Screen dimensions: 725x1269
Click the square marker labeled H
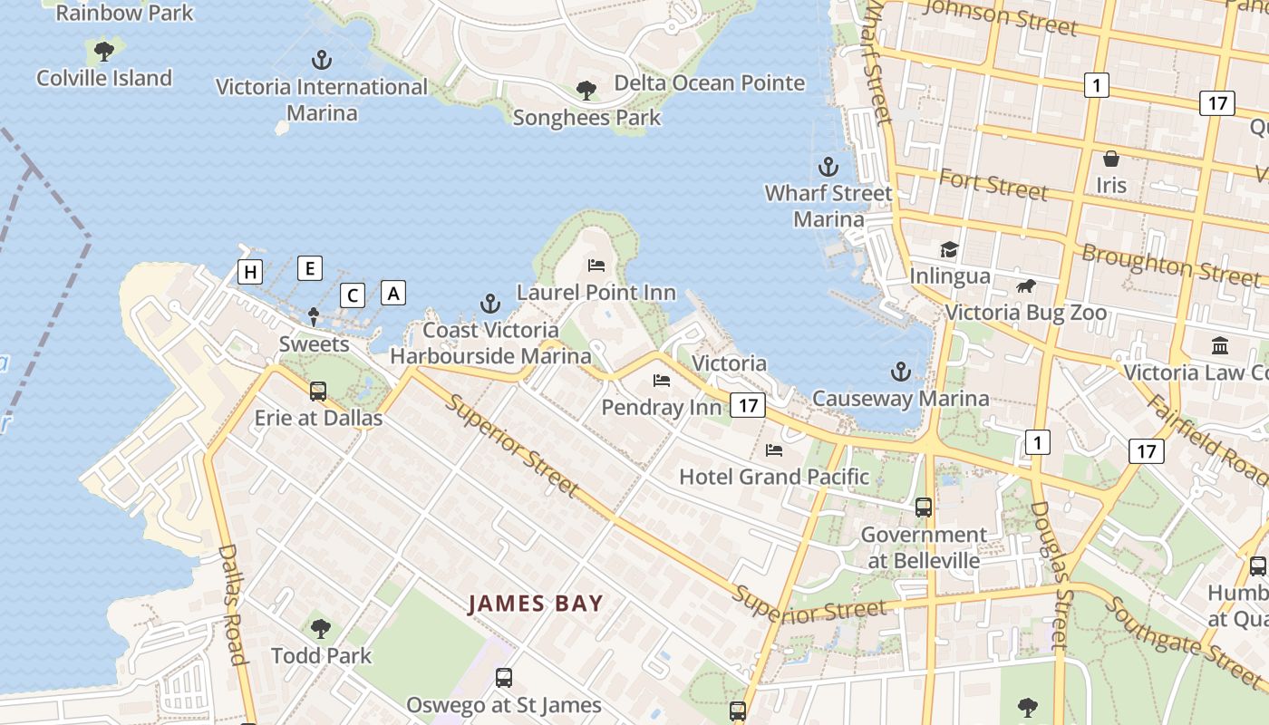pyautogui.click(x=250, y=271)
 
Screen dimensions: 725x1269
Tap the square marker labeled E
pyautogui.click(x=310, y=267)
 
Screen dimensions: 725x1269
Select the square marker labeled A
pyautogui.click(x=392, y=293)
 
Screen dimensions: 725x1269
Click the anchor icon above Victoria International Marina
pyautogui.click(x=321, y=61)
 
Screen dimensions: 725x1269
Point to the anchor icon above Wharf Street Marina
pyautogui.click(x=828, y=167)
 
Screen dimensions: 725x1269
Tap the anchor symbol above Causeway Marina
pyautogui.click(x=900, y=372)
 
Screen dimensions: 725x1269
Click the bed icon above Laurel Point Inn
pyautogui.click(x=596, y=266)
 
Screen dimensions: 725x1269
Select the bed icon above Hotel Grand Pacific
pyautogui.click(x=774, y=449)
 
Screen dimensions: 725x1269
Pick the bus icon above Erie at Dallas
pyautogui.click(x=318, y=391)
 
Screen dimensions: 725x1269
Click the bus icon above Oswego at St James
pyautogui.click(x=503, y=678)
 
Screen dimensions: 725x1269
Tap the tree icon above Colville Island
pyautogui.click(x=104, y=51)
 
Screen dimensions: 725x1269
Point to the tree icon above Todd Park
pyautogui.click(x=320, y=628)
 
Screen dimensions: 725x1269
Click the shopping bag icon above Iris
pyautogui.click(x=1110, y=159)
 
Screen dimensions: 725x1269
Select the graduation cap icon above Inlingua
pyautogui.click(x=949, y=249)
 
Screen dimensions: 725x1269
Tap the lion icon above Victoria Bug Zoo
pyautogui.click(x=1025, y=286)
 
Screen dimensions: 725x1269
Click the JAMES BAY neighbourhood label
pyautogui.click(x=535, y=604)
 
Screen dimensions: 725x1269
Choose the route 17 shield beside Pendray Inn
pyautogui.click(x=747, y=405)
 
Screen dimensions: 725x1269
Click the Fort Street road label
pyautogui.click(x=993, y=184)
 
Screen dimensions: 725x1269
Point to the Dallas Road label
pyautogui.click(x=232, y=604)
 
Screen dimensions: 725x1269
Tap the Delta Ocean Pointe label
pyautogui.click(x=709, y=83)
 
